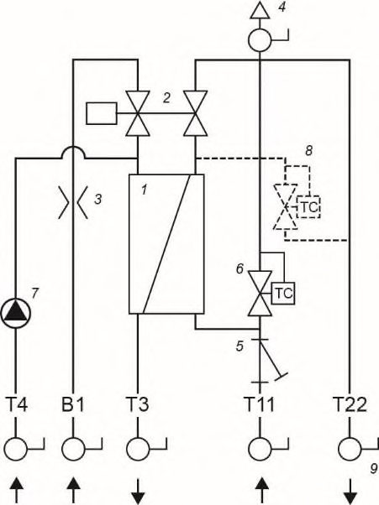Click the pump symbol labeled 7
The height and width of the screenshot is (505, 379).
pos(16,313)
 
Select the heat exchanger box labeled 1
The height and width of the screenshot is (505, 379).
pos(166,244)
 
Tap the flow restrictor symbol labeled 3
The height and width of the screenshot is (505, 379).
pos(73,202)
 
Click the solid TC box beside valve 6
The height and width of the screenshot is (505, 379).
pos(283,293)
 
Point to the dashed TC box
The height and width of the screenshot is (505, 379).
pos(308,207)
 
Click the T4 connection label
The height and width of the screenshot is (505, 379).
pos(17,404)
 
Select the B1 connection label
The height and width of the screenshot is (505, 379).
pos(72,404)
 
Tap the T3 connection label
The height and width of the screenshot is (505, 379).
pos(138,404)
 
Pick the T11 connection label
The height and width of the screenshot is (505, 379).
pos(260,404)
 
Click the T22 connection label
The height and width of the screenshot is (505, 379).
pos(350,404)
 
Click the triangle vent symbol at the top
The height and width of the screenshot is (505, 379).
pos(260,10)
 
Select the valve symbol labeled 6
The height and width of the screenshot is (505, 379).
pos(260,294)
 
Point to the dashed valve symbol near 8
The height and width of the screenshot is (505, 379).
pos(286,206)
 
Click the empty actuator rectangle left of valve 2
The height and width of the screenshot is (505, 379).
pos(102,113)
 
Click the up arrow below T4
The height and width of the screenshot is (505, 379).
pos(16,490)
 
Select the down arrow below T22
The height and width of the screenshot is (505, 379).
pos(350,491)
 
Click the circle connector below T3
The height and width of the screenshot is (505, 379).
pos(138,449)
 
